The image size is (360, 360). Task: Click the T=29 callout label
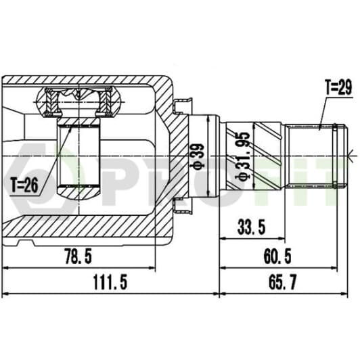(x=338, y=87)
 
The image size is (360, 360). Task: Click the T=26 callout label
(x=25, y=185)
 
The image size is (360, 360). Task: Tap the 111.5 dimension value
(x=110, y=282)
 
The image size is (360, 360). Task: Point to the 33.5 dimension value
(x=252, y=227)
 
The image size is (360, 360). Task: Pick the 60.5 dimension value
(x=277, y=256)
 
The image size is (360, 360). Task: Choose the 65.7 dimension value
(x=282, y=282)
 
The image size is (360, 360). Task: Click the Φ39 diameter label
(x=198, y=156)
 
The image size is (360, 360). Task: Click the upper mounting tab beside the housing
(x=183, y=106)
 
